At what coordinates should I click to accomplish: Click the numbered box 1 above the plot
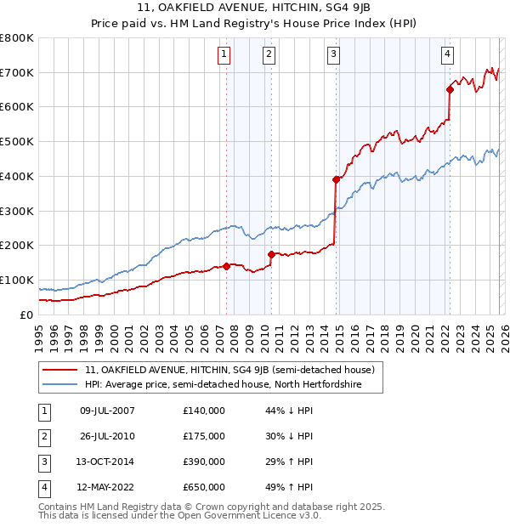point(224,54)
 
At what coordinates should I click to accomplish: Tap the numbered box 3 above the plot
point(333,54)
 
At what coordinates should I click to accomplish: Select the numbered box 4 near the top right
point(447,54)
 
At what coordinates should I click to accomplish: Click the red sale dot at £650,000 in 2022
point(450,88)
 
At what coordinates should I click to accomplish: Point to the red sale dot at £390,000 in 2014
point(336,179)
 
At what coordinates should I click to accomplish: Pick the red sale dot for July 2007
point(227,266)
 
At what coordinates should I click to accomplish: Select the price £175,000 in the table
point(204,436)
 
